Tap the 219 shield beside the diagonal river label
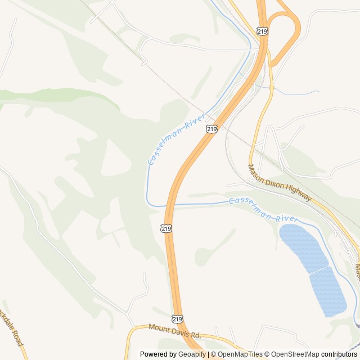[211, 129]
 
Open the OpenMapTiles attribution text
[238, 354]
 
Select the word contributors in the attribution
[339, 354]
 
